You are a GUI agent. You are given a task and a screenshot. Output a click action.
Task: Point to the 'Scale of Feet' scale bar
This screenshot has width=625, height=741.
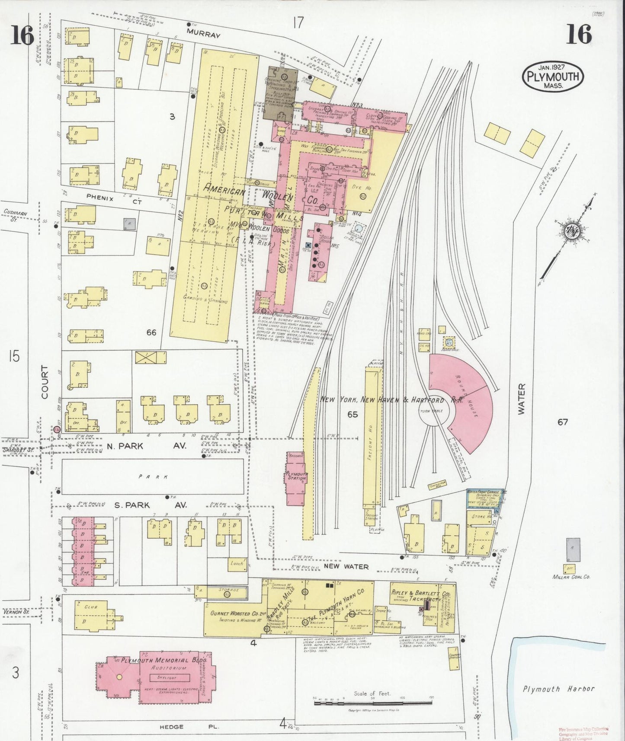372,704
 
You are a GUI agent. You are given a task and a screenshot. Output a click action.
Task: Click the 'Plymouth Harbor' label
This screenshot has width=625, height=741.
558,689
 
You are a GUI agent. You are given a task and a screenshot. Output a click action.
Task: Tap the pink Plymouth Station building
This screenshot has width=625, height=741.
297,478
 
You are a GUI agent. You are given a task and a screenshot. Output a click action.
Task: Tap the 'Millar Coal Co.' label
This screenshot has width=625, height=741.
571,576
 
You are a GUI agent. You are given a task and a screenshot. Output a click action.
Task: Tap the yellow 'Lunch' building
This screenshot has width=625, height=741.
237,563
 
